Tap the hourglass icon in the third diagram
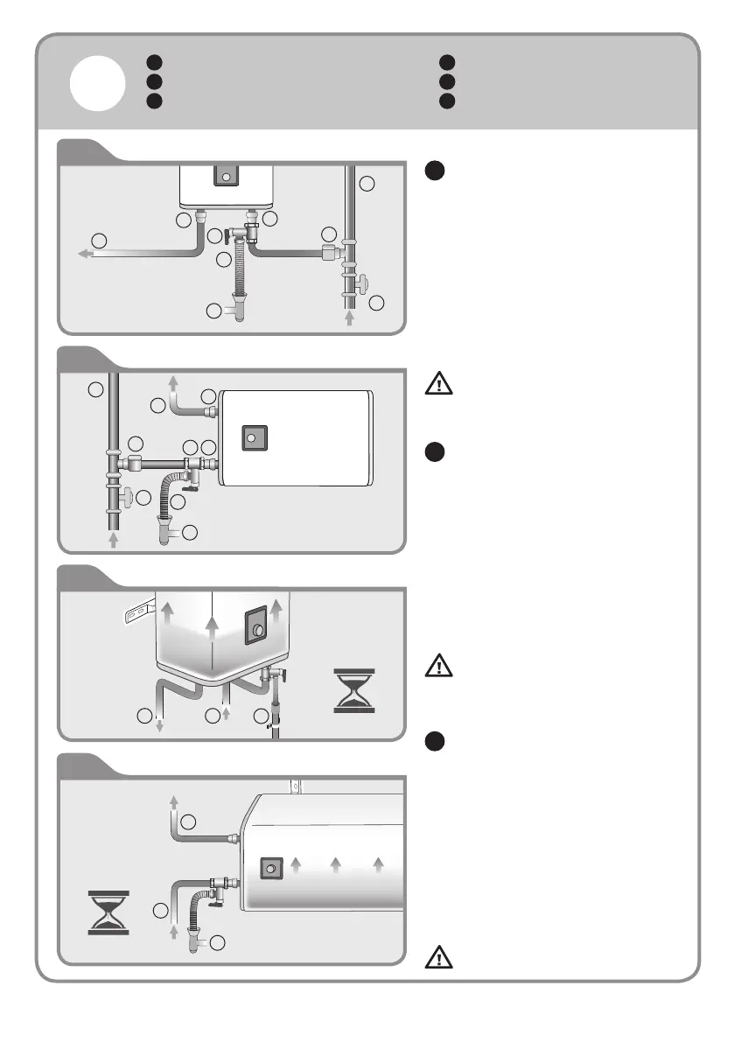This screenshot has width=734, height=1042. coord(353,690)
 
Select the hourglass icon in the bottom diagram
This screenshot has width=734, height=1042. coord(109,913)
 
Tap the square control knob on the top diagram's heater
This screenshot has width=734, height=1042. coord(226,176)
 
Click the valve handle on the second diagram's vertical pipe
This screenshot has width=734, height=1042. coord(129,496)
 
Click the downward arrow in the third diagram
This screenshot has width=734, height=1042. coord(159,724)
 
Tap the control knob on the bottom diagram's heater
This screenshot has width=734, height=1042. coord(271,867)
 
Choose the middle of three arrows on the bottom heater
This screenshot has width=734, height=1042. coord(336,866)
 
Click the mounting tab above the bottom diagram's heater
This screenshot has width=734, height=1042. coord(296,786)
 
